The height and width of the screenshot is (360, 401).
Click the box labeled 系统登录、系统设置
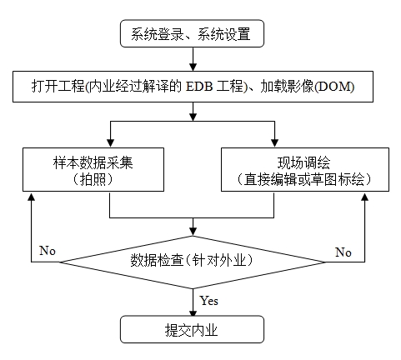point(192,33)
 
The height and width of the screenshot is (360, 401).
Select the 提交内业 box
point(192,329)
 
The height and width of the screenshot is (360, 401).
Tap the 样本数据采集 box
point(93,169)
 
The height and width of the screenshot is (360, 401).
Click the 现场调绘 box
point(305,169)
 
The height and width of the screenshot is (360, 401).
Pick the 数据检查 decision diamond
point(193,262)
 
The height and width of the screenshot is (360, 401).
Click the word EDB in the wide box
point(199,87)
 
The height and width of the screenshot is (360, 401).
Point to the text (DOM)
point(334,87)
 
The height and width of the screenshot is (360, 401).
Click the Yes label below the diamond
point(209,301)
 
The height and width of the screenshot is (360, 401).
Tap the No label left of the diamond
point(48,250)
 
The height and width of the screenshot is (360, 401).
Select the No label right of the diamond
point(343,252)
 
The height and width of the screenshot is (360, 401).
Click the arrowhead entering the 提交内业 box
point(193,312)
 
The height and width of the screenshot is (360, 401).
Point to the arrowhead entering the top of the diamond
point(193,232)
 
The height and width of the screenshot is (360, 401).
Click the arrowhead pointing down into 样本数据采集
point(111,143)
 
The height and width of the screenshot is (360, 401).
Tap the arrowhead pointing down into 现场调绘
point(274,143)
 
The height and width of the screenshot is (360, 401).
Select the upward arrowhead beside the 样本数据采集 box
point(32,197)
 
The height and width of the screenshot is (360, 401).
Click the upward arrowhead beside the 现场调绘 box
point(364,197)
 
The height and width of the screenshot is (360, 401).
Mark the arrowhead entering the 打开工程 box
point(193,67)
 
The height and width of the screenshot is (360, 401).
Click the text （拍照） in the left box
point(93,179)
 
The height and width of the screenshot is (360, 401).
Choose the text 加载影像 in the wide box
point(287,87)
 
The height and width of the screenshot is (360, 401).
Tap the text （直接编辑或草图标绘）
point(304,179)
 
